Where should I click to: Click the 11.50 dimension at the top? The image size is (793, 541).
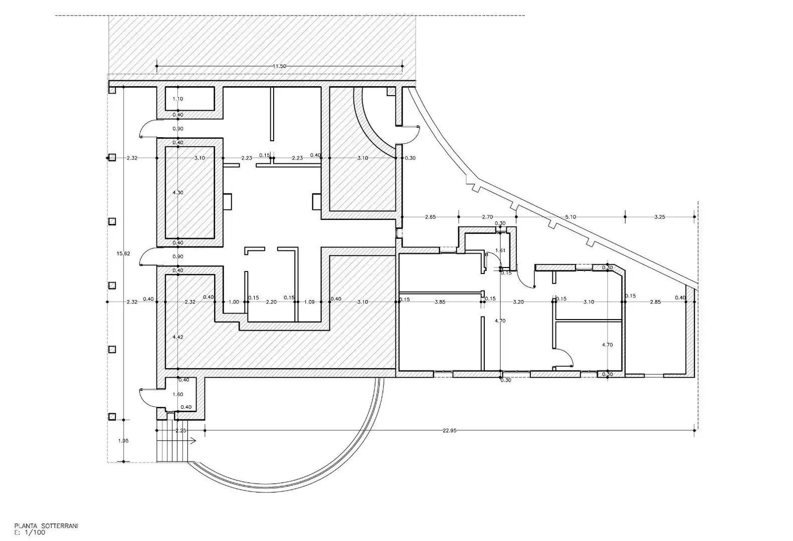[x=279, y=66]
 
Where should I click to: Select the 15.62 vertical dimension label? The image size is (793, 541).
[x=123, y=253]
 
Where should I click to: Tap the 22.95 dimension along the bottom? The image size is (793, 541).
[x=449, y=431]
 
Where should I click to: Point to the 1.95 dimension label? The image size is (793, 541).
[x=123, y=441]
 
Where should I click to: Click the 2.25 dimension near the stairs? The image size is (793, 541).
[x=181, y=431]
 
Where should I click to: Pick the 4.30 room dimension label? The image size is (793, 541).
[x=178, y=192]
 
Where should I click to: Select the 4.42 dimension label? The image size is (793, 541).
[x=178, y=337]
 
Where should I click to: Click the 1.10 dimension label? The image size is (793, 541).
[x=178, y=99]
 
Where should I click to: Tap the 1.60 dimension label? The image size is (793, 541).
[x=178, y=394]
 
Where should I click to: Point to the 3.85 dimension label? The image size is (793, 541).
[x=440, y=302]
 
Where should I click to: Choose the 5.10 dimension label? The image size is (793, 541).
[x=570, y=217]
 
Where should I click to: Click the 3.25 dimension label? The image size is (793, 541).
[x=659, y=217]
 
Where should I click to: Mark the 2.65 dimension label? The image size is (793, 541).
[x=430, y=217]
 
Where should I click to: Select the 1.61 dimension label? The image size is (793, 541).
[x=500, y=250]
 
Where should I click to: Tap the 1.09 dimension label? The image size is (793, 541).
[x=309, y=302]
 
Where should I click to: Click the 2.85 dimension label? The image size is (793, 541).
[x=655, y=302]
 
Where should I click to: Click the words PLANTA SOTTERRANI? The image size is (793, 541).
[x=47, y=526]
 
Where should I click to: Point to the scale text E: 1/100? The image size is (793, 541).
[x=30, y=532]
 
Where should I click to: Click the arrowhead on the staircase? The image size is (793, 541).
[x=193, y=441]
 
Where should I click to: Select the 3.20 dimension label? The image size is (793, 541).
[x=518, y=302]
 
